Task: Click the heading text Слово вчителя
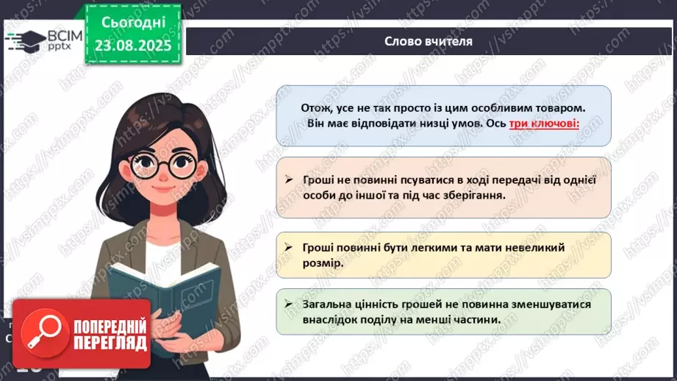pos(428,41)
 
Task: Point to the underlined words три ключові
pos(544,124)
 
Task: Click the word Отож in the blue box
pos(316,107)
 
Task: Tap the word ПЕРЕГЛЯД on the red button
pos(110,342)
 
